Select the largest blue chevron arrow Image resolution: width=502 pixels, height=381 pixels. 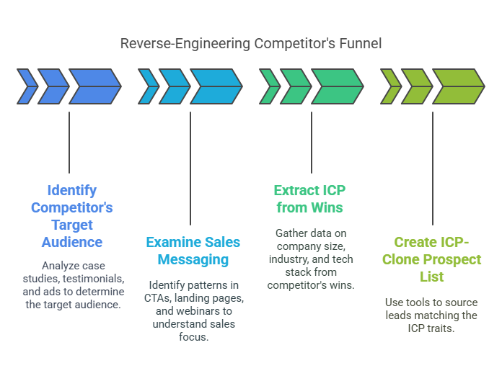point(95,86)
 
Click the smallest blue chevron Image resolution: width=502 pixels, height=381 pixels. point(27,86)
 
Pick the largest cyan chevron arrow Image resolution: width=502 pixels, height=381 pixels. point(216,86)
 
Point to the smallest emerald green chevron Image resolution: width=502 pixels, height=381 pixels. point(270,86)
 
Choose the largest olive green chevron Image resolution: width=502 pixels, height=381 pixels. point(459,86)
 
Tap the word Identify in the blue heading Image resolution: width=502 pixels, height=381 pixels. point(72,191)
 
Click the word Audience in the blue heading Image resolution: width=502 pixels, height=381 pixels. point(72,242)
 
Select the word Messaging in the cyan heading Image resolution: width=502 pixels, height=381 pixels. point(193,260)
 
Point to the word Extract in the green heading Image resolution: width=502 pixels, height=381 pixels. point(292,190)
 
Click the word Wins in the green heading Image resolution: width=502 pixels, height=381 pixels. point(327,207)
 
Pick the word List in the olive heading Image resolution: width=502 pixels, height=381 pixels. point(431,277)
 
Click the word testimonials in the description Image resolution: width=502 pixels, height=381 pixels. point(94,279)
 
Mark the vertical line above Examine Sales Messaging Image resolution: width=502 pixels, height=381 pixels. point(190,169)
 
